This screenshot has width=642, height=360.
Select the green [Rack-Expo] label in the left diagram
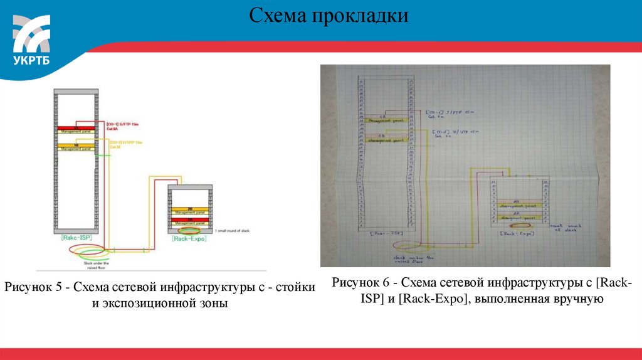pyautogui.click(x=189, y=238)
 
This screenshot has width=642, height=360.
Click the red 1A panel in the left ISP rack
pyautogui.click(x=76, y=129)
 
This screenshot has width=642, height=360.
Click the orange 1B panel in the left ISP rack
pyautogui.click(x=76, y=145)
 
